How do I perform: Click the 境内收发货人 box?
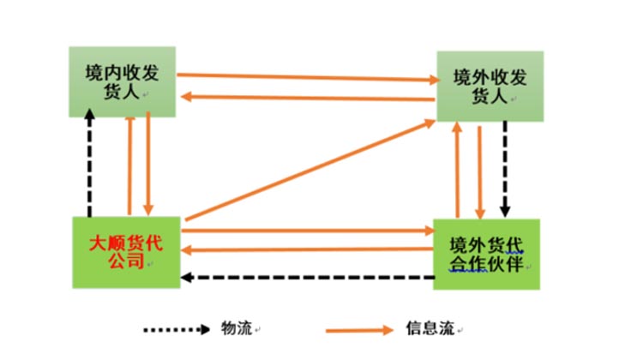pos(123,81)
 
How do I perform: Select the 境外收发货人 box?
pos(490,86)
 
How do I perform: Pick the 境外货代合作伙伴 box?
pos(487,254)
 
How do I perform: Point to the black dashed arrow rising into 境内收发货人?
pos(89,163)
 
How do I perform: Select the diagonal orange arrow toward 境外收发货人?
pos(309,171)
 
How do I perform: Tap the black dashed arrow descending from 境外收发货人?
pos(506,167)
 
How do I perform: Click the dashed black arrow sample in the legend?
pos(175,329)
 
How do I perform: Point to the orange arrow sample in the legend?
pos(360,329)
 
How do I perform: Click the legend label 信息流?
pos(423,328)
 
